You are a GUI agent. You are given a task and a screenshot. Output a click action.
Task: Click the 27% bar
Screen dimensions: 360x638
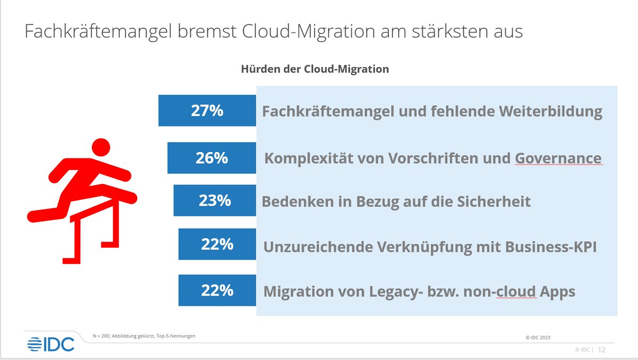(x=207, y=111)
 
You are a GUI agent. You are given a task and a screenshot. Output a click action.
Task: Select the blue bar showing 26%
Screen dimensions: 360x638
(x=211, y=158)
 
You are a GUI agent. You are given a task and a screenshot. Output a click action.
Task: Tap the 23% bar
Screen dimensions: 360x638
(x=214, y=200)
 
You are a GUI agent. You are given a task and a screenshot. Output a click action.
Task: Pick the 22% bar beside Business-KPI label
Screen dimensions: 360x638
(x=217, y=244)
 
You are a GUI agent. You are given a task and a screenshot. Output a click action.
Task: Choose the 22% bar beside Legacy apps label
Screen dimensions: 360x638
(x=217, y=290)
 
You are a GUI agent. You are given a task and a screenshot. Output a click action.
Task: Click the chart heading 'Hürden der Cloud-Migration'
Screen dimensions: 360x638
(x=315, y=69)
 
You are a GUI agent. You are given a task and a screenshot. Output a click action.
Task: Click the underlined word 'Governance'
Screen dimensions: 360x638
(x=558, y=158)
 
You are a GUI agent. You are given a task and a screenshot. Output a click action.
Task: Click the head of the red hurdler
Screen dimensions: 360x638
(x=99, y=147)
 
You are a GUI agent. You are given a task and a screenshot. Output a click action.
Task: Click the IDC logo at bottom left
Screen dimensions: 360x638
(x=51, y=344)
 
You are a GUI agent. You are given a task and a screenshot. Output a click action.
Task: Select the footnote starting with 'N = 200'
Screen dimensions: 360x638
(x=144, y=336)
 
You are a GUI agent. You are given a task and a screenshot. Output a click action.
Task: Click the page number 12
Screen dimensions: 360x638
(x=602, y=350)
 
